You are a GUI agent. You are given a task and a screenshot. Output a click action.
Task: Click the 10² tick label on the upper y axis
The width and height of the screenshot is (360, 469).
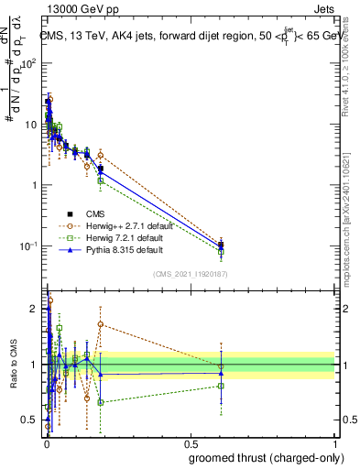[x=28, y=63]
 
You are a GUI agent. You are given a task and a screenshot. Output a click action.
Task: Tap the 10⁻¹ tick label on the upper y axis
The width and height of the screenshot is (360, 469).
[x=28, y=246]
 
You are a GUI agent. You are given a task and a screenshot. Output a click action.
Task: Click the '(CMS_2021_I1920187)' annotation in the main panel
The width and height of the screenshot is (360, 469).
[x=191, y=273]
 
